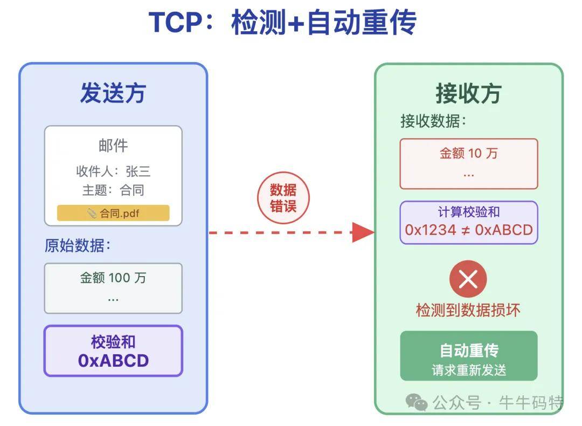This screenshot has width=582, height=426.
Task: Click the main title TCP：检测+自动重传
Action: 282,23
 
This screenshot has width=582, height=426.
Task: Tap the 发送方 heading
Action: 113,93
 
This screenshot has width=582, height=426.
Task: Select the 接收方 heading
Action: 468,93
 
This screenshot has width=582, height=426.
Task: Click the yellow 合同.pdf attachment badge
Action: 113,213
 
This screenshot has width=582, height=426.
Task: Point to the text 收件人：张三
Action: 113,171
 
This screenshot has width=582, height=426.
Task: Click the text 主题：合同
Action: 113,190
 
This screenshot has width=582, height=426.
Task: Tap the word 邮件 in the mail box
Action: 113,145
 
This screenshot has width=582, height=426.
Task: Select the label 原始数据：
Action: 78,246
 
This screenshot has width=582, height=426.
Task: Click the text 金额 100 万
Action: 113,278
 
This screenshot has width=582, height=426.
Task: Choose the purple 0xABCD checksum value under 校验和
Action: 113,360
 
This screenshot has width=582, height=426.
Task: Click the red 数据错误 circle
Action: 283,197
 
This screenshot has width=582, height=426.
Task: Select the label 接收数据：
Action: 433,121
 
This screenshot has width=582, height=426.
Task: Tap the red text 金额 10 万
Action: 468,153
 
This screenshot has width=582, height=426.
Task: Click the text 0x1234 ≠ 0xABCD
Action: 468,230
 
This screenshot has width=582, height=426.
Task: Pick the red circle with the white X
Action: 468,279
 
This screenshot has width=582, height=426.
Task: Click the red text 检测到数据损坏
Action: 468,310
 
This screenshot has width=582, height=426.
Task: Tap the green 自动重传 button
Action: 468,356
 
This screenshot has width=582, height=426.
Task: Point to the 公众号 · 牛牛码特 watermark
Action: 485,402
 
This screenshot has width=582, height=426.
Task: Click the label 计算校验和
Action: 468,212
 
